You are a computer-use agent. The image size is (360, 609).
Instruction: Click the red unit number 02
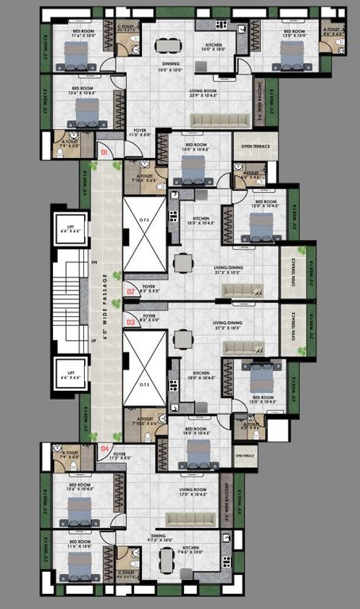(x=132, y=292)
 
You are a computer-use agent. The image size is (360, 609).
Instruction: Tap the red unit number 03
(x=132, y=322)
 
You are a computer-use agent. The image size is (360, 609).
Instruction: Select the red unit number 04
(x=105, y=449)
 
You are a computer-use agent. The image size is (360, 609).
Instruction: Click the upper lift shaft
(x=71, y=229)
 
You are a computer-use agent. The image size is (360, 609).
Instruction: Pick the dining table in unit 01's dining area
(x=166, y=45)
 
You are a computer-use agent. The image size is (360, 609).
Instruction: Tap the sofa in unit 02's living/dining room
(x=236, y=291)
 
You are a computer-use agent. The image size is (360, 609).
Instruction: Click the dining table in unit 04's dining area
(x=166, y=559)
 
